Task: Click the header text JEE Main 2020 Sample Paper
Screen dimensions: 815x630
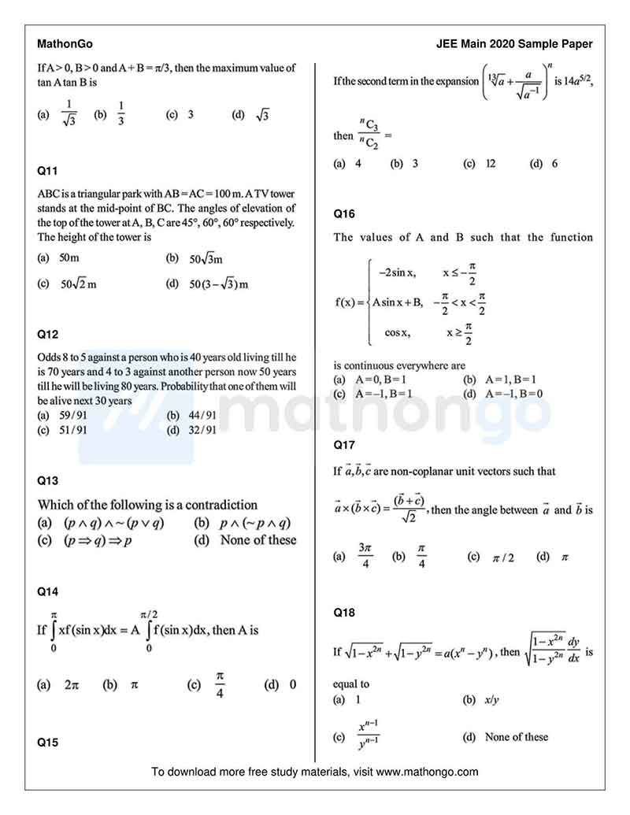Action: pyautogui.click(x=514, y=44)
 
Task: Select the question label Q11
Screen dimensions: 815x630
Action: pyautogui.click(x=47, y=170)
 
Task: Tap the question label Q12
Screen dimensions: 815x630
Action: pyautogui.click(x=47, y=334)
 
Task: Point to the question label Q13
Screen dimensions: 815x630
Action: pyautogui.click(x=47, y=480)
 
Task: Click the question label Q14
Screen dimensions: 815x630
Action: pyautogui.click(x=47, y=591)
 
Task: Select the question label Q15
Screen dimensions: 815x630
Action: pyautogui.click(x=47, y=741)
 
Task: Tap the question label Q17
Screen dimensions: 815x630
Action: pyautogui.click(x=344, y=445)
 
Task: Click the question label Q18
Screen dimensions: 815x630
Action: pyautogui.click(x=344, y=612)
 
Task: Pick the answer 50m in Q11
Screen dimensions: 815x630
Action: pyautogui.click(x=69, y=258)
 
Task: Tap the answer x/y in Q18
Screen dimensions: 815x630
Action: pyautogui.click(x=492, y=699)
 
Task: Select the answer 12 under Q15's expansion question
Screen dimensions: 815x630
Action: pyautogui.click(x=491, y=164)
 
